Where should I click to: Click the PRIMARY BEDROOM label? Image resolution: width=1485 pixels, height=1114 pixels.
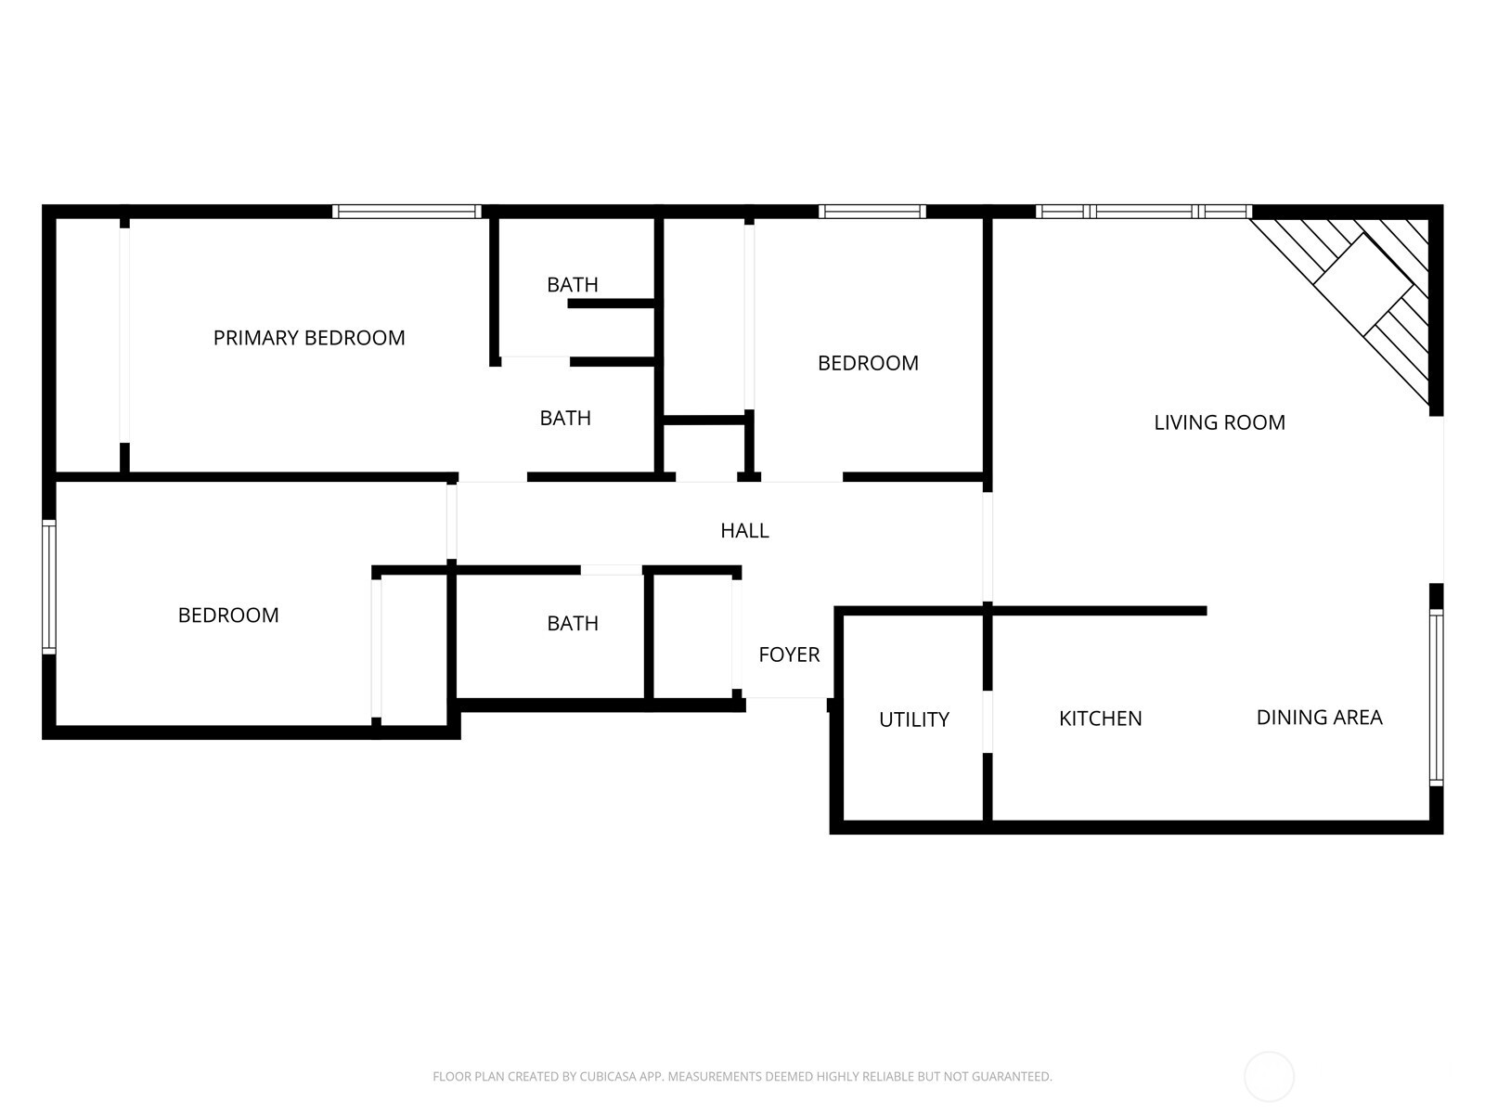click(x=309, y=338)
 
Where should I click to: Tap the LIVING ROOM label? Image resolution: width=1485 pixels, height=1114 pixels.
click(x=1220, y=422)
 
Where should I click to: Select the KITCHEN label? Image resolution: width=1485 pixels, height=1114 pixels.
click(x=1100, y=719)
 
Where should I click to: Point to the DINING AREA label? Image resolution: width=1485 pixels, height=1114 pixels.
click(x=1319, y=717)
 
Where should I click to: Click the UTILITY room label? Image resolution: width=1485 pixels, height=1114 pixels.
click(x=913, y=719)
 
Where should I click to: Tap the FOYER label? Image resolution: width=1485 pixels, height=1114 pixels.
click(x=789, y=654)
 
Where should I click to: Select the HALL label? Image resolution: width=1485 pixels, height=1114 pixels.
click(x=744, y=530)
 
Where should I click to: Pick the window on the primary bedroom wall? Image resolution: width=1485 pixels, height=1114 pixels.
click(x=407, y=212)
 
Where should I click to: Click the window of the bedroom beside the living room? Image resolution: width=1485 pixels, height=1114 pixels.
click(x=872, y=212)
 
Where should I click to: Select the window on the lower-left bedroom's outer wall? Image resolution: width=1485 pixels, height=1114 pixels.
click(x=49, y=587)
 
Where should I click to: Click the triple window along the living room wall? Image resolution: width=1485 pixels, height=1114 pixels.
click(x=1143, y=212)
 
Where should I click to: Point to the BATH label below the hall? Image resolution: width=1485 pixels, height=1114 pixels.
click(x=573, y=623)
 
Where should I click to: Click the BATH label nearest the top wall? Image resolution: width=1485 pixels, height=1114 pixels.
click(x=573, y=284)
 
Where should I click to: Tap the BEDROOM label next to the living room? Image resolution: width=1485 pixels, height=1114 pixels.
click(x=868, y=363)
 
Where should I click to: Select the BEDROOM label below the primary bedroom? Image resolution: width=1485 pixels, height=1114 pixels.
click(x=228, y=615)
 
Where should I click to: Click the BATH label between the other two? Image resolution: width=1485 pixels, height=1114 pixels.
click(x=565, y=418)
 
